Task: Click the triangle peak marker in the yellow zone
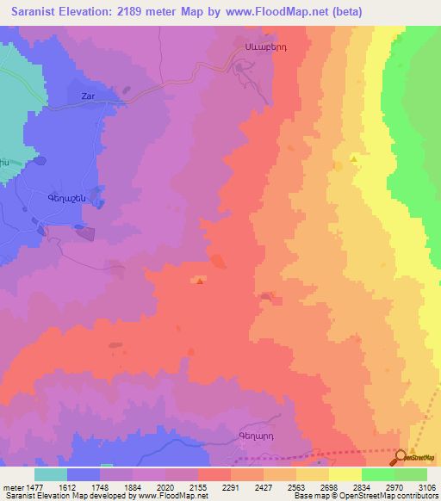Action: (x=353, y=158)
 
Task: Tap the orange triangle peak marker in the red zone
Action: (x=200, y=280)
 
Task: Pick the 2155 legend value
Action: (x=198, y=488)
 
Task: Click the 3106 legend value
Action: (x=427, y=488)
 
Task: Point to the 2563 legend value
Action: (x=296, y=488)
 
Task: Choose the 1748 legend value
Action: (x=100, y=488)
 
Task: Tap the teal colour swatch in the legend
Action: (x=51, y=474)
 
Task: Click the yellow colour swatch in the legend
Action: (x=345, y=474)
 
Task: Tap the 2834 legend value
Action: (x=362, y=488)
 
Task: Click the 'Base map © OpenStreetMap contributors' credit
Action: (x=362, y=497)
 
